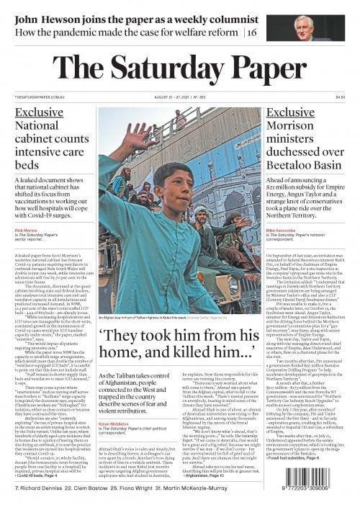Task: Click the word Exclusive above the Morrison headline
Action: coord(294,113)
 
